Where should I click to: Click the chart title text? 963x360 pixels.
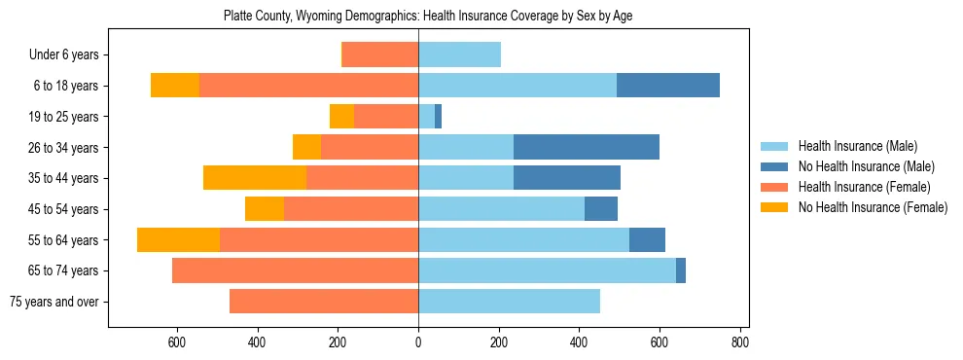pyautogui.click(x=428, y=17)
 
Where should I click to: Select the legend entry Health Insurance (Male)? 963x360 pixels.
pyautogui.click(x=856, y=146)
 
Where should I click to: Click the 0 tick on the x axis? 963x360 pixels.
pyautogui.click(x=418, y=342)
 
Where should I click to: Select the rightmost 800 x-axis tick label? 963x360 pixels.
pyautogui.click(x=739, y=342)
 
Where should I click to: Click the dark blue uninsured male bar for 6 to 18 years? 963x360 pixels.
pyautogui.click(x=668, y=86)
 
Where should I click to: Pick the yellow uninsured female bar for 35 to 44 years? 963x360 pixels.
pyautogui.click(x=255, y=178)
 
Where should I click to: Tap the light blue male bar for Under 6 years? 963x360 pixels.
pyautogui.click(x=459, y=54)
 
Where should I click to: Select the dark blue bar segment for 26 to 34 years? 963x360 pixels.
pyautogui.click(x=587, y=147)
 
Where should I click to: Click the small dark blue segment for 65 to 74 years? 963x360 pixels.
pyautogui.click(x=681, y=270)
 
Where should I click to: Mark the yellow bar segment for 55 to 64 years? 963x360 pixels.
pyautogui.click(x=178, y=239)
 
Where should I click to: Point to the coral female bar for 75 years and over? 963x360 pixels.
pyautogui.click(x=324, y=302)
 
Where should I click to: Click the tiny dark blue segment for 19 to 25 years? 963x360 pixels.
pyautogui.click(x=438, y=117)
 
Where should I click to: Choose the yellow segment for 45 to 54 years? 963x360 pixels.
pyautogui.click(x=265, y=209)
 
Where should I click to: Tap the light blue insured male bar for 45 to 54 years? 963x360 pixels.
pyautogui.click(x=501, y=209)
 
